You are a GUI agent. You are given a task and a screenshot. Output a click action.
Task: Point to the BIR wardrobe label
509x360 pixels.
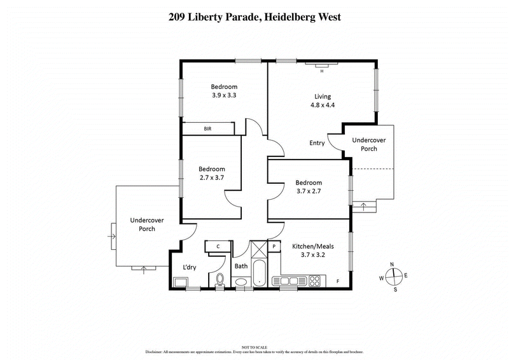tap(207, 128)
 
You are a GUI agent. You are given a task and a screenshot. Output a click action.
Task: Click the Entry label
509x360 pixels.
tap(317, 143)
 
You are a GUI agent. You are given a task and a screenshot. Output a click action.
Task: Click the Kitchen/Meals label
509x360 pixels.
tap(312, 246)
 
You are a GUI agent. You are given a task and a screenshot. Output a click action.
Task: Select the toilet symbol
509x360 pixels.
tap(220, 278)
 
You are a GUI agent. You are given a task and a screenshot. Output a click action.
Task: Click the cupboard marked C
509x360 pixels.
tap(218, 246)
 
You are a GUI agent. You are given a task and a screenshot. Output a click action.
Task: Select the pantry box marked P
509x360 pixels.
tap(274, 246)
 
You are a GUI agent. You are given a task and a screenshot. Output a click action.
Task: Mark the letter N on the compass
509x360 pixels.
tap(393, 264)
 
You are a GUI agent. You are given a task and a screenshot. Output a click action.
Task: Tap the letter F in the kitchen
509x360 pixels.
tap(338, 280)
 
